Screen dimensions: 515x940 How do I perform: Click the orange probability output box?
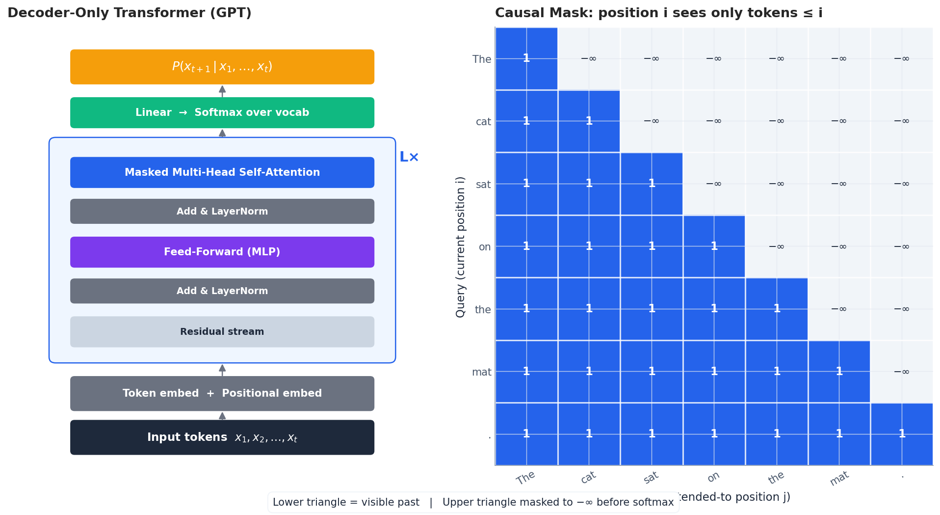pos(222,67)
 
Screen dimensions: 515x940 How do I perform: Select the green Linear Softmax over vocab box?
pos(222,112)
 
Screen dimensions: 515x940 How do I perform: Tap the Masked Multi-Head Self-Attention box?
pos(222,172)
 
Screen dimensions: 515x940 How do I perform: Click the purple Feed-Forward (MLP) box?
pos(222,252)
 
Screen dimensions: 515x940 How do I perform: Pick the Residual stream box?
pos(222,332)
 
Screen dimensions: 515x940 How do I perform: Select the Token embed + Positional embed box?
pos(222,393)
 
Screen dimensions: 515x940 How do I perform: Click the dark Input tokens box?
pos(222,437)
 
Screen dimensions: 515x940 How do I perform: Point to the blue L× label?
pos(409,157)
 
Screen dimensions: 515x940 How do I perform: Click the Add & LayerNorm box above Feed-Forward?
pos(222,211)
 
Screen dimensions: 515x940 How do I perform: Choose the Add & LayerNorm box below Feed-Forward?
pos(222,291)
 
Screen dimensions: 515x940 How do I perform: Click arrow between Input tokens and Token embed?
pos(222,416)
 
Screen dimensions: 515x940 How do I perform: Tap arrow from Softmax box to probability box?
pos(222,91)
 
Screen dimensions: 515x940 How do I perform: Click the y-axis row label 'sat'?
pos(483,185)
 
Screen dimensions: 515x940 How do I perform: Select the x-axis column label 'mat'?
pos(839,478)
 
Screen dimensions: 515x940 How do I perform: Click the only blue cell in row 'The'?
pos(526,58)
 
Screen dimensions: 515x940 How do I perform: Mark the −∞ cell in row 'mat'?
pos(901,372)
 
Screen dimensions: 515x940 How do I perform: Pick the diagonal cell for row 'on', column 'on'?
pos(714,246)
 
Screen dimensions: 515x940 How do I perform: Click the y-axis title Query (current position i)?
pos(460,247)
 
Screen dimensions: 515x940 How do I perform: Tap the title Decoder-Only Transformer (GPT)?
pos(130,13)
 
